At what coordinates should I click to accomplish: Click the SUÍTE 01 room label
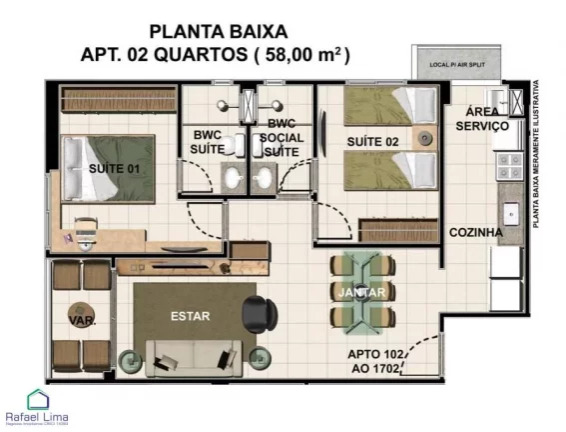[113, 168]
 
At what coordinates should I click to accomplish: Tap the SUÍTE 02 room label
[372, 142]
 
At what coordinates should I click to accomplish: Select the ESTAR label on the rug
[190, 316]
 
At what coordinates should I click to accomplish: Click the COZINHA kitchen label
[475, 232]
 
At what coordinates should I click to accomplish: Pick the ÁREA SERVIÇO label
[482, 119]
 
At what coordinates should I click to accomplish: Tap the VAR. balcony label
[81, 322]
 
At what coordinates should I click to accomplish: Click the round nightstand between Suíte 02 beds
[425, 134]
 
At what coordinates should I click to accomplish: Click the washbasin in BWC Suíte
[232, 180]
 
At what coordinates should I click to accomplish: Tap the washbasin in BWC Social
[265, 180]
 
